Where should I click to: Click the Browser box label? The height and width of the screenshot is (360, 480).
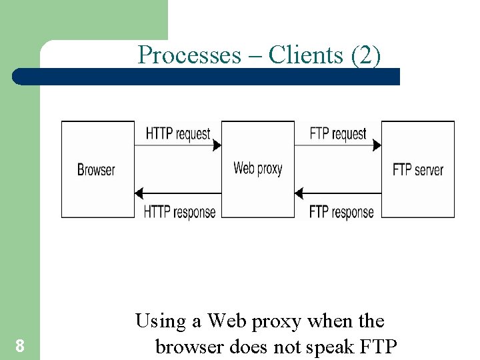tap(96, 169)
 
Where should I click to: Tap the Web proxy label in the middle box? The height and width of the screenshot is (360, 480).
tap(257, 168)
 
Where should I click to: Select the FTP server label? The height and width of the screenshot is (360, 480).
tap(418, 169)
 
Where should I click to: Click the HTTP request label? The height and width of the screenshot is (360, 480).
tap(178, 133)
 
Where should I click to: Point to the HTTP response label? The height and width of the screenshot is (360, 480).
tap(179, 212)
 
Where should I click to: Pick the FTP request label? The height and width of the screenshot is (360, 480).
tap(338, 133)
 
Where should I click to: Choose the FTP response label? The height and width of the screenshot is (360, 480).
tap(341, 212)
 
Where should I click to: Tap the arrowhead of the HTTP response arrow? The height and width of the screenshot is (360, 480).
tap(139, 194)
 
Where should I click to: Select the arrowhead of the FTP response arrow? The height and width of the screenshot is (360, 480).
tap(299, 194)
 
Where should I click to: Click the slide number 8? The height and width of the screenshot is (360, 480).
tap(20, 346)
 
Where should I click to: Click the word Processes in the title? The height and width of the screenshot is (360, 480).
tap(189, 55)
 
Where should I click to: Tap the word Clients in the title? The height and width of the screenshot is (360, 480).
tap(306, 55)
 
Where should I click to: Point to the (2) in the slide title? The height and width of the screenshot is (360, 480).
tap(365, 55)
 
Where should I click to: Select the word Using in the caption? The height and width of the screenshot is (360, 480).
tap(160, 322)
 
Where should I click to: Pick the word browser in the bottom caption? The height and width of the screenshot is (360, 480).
tap(189, 347)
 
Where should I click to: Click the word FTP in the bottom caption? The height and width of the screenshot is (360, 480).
tap(377, 347)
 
